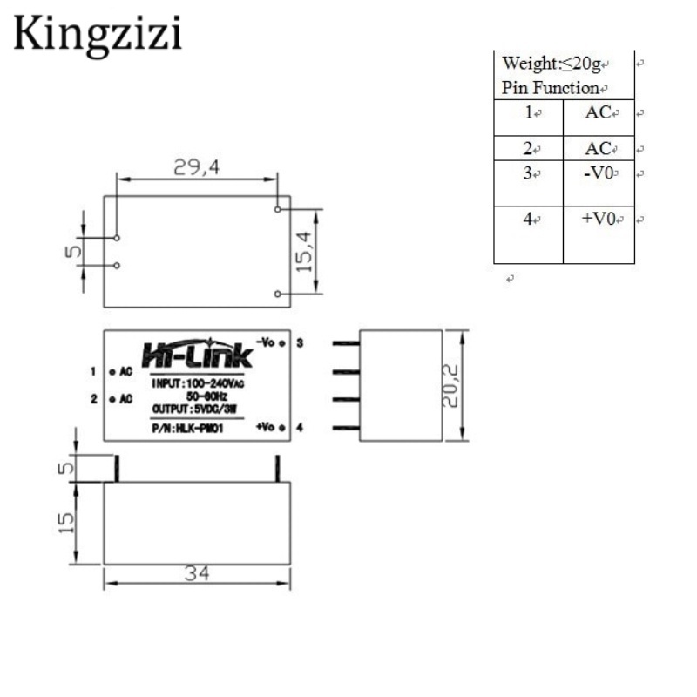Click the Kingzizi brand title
pos(98,35)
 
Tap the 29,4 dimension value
pos(196,169)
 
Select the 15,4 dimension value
pos(304,251)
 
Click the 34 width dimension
pos(196,575)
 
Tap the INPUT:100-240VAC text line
pos(197,382)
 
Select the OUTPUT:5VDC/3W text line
pos(193,409)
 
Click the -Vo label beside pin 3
pos(266,342)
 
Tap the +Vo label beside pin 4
pos(266,427)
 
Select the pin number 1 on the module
pos(93,372)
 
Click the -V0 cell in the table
pos(599,173)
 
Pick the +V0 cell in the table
pos(599,219)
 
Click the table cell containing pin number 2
pos(528,149)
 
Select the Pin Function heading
pos(551,88)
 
